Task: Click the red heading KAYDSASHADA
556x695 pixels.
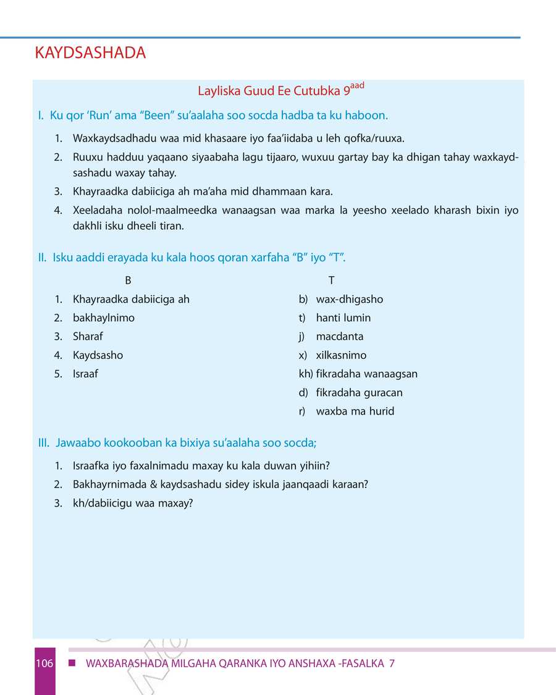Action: (91, 53)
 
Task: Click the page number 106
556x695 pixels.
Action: (44, 664)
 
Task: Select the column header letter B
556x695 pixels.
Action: (128, 280)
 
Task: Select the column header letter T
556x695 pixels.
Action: (332, 280)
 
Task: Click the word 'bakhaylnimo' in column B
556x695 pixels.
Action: (103, 318)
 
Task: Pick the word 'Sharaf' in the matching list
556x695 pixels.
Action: (88, 337)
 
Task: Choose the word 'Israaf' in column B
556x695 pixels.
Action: (85, 374)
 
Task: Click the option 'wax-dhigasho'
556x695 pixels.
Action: (349, 300)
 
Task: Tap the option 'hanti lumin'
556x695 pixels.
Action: (343, 318)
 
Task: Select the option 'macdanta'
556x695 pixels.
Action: (339, 337)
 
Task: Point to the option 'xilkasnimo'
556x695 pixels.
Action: (341, 355)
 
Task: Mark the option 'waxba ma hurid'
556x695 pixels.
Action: (355, 411)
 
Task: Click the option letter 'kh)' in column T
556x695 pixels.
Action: (306, 374)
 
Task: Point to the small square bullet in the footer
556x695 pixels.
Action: (72, 663)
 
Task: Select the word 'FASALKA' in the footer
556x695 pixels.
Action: (362, 664)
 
